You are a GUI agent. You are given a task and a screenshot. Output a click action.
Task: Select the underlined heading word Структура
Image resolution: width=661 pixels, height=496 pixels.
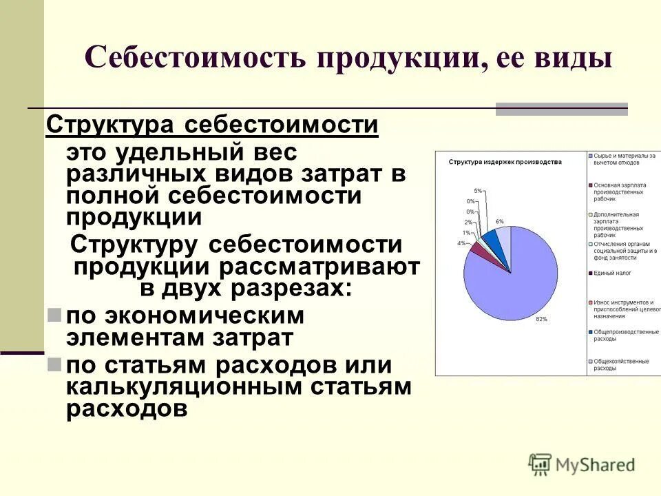coord(109,127)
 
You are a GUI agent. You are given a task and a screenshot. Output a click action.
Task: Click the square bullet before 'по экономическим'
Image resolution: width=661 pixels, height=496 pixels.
coord(54,315)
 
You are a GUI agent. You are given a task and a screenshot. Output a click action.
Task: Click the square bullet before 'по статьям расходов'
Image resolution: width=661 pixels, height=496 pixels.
coord(54,363)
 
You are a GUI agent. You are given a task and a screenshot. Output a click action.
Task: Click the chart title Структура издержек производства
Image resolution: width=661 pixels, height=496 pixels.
coord(505,162)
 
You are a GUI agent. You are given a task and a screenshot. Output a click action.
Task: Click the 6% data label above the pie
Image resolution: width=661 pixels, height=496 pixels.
coord(499,222)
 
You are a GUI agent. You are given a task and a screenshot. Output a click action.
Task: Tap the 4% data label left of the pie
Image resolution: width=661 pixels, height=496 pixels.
coord(461,243)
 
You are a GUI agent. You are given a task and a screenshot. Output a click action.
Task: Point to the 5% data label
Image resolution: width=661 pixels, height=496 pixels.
coord(477,190)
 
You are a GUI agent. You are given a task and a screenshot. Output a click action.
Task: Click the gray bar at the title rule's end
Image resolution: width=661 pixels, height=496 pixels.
coord(562,109)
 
